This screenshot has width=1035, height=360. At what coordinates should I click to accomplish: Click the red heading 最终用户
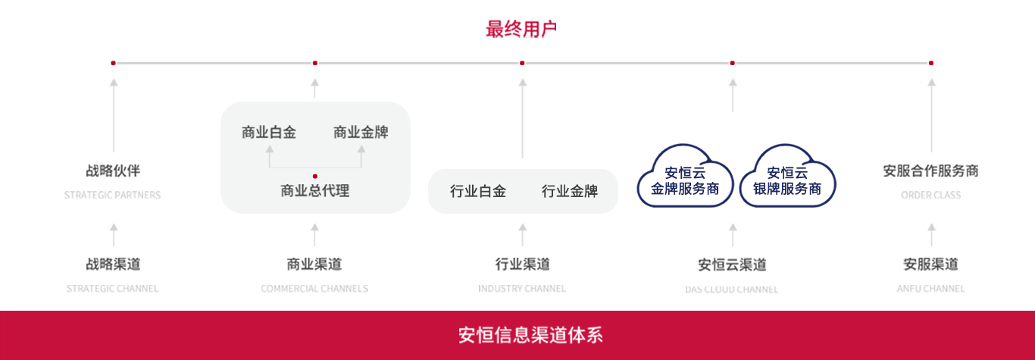tap(521, 30)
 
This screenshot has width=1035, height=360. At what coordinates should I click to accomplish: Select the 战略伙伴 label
tap(113, 171)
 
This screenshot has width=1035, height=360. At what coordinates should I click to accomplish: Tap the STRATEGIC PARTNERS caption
tap(112, 196)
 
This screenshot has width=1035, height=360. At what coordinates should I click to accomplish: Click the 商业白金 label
tap(269, 133)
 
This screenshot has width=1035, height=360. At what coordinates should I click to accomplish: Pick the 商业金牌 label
tap(361, 133)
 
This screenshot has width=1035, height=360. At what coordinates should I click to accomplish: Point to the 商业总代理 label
tap(315, 191)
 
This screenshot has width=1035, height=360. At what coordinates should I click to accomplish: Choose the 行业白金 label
tap(478, 192)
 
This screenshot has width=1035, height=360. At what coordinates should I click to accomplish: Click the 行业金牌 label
tap(570, 192)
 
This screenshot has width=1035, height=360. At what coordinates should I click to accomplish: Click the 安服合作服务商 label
tap(930, 171)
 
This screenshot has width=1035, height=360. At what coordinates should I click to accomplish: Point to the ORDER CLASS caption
tap(930, 196)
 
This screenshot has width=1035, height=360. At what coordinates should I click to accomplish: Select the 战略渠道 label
tap(113, 265)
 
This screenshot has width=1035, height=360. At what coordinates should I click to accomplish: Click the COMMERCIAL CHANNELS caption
tap(314, 289)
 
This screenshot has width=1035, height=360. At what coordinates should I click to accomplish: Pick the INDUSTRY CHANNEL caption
tap(522, 289)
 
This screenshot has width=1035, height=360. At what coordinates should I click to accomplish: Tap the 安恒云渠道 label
tap(732, 265)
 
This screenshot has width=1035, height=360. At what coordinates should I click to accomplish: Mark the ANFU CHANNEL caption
tap(930, 289)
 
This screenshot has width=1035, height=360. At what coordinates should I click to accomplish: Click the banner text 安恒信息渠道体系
tap(530, 335)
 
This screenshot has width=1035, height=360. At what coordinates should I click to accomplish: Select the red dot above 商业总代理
tap(315, 176)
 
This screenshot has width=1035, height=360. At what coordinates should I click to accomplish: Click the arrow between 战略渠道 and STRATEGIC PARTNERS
tap(114, 234)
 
